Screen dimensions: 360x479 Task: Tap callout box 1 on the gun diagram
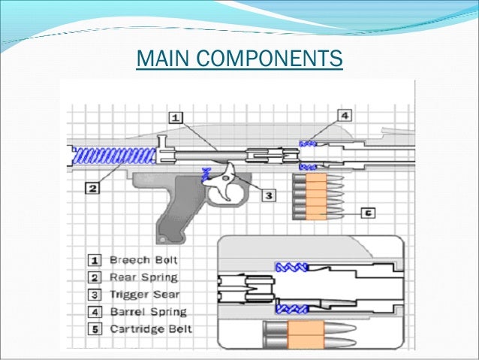pyautogui.click(x=174, y=118)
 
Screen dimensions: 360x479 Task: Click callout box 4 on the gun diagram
pyautogui.click(x=344, y=116)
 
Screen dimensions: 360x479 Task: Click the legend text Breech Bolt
pyautogui.click(x=140, y=260)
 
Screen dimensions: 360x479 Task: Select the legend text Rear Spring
pyautogui.click(x=141, y=277)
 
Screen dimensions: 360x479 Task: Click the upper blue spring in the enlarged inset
pyautogui.click(x=291, y=267)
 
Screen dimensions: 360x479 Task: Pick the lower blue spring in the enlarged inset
pyautogui.click(x=291, y=308)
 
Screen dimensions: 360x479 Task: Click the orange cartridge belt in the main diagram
pyautogui.click(x=314, y=196)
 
